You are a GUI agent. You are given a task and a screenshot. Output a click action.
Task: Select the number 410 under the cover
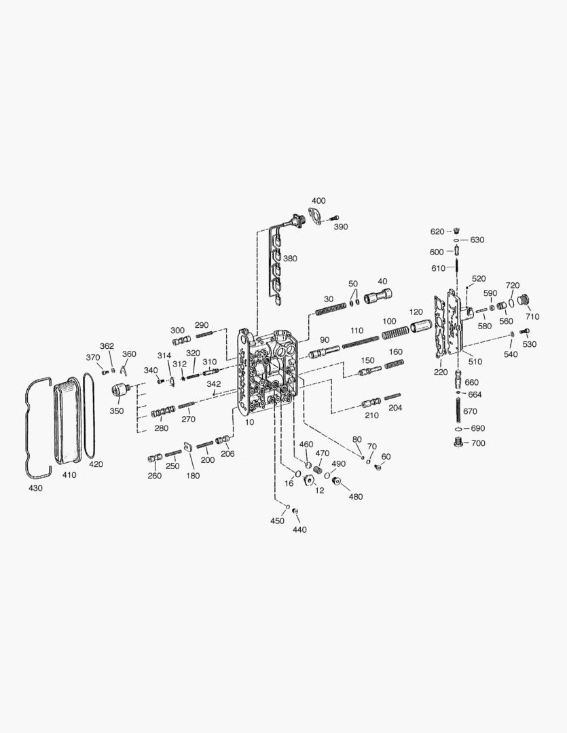[69, 475]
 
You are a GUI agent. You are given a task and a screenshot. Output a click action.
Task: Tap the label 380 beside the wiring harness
[290, 259]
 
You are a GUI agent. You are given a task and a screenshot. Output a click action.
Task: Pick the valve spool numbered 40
[378, 296]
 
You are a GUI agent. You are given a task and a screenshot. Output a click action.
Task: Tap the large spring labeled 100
[395, 333]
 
